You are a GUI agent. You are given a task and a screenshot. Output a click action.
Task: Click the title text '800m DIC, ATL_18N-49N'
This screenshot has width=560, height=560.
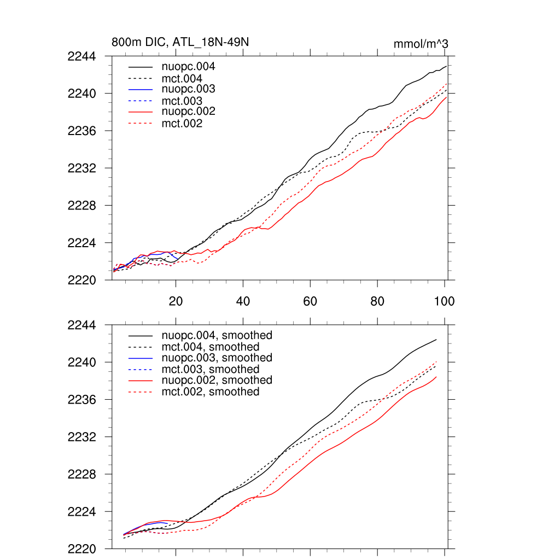(x=180, y=42)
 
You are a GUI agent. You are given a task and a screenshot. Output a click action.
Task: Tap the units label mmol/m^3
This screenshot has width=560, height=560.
(x=421, y=44)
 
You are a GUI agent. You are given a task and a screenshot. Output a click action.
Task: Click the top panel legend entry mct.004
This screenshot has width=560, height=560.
(x=182, y=79)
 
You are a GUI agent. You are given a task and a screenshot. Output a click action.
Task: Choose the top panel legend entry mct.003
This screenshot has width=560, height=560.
(x=182, y=101)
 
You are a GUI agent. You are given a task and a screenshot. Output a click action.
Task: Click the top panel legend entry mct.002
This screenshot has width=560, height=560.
(x=182, y=124)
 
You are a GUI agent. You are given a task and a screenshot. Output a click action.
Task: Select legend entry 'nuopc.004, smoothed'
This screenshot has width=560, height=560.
(x=217, y=335)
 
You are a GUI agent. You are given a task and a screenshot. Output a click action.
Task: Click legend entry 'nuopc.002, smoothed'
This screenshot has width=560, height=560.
(x=217, y=380)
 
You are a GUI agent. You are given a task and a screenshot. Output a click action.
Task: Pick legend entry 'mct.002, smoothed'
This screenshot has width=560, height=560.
(x=211, y=392)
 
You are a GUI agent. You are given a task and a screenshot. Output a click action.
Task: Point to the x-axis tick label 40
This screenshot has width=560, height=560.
(x=243, y=301)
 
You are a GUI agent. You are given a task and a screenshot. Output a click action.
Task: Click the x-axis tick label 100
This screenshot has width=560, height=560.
(x=444, y=301)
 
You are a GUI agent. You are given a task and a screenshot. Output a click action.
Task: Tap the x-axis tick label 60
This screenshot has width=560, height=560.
(x=310, y=301)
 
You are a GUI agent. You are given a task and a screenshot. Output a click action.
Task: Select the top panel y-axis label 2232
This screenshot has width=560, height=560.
(x=81, y=168)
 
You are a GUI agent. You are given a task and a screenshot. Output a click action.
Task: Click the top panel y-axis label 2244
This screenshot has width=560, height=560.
(x=81, y=56)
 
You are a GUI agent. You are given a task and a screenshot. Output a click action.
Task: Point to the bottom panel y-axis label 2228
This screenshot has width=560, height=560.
(x=81, y=475)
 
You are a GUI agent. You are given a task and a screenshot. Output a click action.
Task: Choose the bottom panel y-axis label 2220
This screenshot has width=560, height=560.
(x=81, y=549)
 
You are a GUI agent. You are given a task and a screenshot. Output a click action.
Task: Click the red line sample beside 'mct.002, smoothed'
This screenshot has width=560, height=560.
(x=139, y=392)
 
